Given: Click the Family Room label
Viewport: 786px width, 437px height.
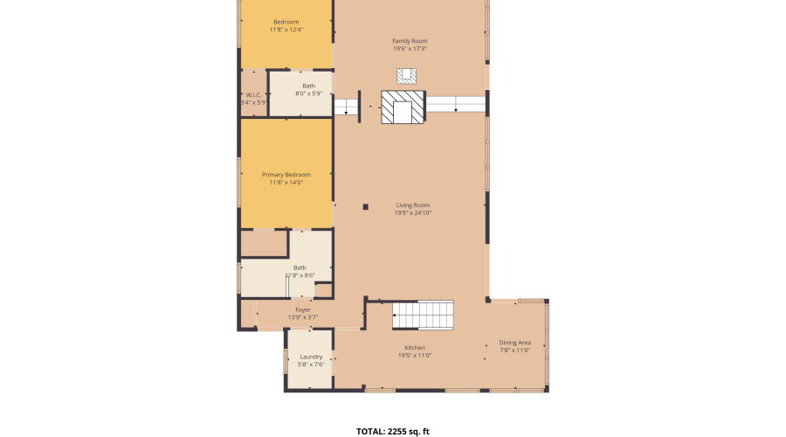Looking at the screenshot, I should (x=410, y=41).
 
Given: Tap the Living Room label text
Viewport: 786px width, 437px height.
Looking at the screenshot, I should (x=413, y=205).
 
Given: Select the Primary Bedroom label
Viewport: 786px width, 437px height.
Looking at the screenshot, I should (x=286, y=175).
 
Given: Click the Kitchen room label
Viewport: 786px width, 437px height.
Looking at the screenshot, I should (x=415, y=348).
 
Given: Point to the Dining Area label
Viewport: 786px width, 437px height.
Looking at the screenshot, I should (x=514, y=343).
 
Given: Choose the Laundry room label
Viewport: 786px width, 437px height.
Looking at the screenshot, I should (x=311, y=357).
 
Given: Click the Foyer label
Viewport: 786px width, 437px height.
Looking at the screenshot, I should (x=302, y=309).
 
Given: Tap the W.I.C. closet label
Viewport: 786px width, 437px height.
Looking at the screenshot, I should (x=253, y=94).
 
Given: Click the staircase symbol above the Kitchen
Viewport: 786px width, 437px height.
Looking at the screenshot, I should (x=422, y=315).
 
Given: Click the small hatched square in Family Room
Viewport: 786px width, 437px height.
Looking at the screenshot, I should (x=406, y=75).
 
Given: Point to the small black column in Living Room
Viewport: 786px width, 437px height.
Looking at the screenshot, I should (x=366, y=207).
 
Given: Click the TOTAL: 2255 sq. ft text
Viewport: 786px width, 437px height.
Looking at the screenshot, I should (x=393, y=431).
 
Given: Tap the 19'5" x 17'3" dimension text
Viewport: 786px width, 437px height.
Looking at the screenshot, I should (x=410, y=49).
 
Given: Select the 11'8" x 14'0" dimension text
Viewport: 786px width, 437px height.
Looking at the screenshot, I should (x=286, y=183).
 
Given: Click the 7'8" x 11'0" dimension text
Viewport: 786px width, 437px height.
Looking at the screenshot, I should (x=514, y=350).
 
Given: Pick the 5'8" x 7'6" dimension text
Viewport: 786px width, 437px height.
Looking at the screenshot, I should (x=311, y=364).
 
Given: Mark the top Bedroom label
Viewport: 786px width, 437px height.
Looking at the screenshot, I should (x=286, y=22).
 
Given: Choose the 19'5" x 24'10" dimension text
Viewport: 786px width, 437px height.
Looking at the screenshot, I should (x=413, y=213).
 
